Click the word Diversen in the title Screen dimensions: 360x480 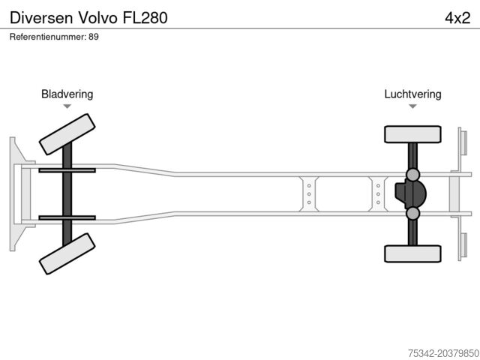[x=37, y=16]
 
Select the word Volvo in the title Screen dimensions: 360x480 [x=93, y=16]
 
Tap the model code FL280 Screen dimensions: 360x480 [x=142, y=16]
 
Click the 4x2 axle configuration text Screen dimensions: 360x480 [x=457, y=16]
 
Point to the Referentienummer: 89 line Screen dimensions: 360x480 [x=54, y=36]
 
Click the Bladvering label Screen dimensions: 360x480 [x=67, y=94]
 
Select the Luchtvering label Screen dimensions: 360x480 [x=412, y=94]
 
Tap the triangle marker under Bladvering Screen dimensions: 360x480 [x=67, y=106]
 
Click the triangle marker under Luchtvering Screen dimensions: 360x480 [x=412, y=106]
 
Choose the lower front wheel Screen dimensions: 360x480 [x=67, y=253]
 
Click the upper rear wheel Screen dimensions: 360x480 [x=412, y=134]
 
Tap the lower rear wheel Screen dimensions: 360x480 [x=412, y=253]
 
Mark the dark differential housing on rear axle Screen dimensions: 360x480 [x=409, y=194]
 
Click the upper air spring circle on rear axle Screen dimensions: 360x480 [x=412, y=175]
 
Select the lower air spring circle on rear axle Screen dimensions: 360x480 [x=412, y=214]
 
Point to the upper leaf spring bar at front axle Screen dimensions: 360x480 [x=67, y=170]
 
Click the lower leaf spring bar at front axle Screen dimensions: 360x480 [x=67, y=217]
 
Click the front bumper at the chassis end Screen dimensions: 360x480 [x=14, y=193]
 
